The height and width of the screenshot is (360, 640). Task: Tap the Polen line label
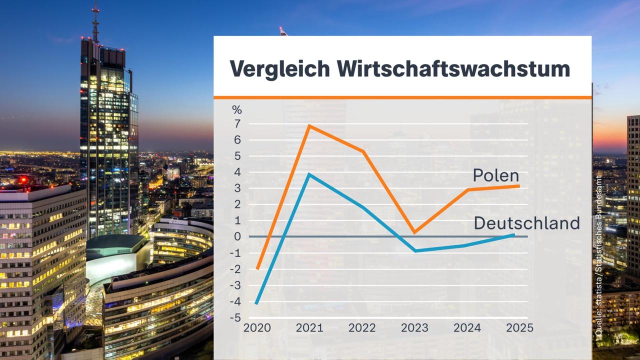point(496,175)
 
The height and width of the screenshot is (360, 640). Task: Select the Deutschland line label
point(526,223)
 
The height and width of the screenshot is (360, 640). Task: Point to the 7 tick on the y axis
point(237,124)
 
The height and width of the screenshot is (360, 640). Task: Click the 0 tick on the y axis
point(237,236)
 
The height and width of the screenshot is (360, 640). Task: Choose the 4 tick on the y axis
point(237,172)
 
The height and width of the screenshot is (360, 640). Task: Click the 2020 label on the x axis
point(257,328)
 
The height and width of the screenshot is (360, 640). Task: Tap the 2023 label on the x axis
point(414,328)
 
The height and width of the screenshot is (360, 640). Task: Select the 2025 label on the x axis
point(519,328)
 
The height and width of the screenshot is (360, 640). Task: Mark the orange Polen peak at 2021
point(309,125)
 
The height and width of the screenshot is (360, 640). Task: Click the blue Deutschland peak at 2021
point(309,174)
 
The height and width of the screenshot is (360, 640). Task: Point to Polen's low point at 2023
point(414,232)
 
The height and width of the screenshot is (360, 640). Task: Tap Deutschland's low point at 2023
point(414,250)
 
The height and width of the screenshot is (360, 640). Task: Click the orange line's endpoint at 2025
point(518,186)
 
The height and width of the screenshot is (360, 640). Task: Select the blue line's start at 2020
point(257,303)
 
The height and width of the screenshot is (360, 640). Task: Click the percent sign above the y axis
point(236,109)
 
